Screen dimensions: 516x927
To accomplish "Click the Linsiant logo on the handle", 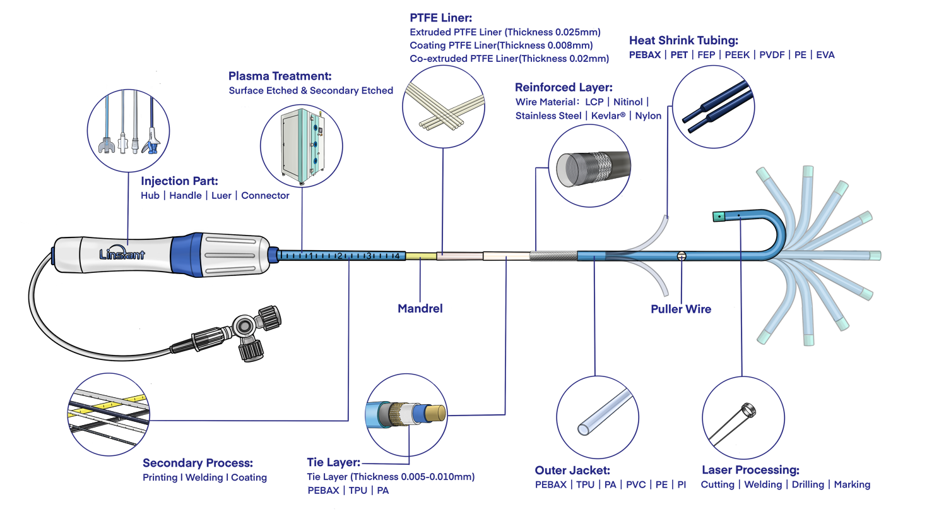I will [122, 254].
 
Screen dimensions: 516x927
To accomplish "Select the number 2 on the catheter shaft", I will [340, 256].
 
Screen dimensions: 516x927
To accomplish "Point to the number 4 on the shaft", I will [396, 256].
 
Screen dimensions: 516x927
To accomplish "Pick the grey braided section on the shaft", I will [553, 256].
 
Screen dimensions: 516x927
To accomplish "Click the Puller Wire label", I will [680, 309].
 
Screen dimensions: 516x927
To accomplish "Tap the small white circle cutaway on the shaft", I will [681, 256].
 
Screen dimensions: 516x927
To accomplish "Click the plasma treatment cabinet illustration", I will [301, 145].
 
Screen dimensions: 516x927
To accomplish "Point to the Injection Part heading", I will [179, 181].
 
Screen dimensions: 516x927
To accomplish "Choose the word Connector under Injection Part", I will [265, 195].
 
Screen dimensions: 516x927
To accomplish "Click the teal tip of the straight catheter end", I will [875, 256].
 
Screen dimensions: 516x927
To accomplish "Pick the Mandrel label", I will [421, 308].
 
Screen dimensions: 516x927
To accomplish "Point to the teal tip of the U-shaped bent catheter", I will [717, 217].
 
